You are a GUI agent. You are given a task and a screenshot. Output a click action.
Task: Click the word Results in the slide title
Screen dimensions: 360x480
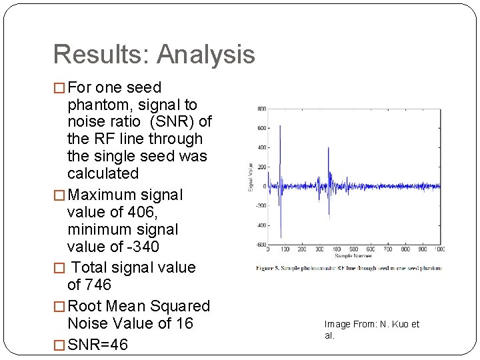coord(95,55)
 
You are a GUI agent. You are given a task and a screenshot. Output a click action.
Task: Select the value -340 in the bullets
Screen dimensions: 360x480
coord(137,247)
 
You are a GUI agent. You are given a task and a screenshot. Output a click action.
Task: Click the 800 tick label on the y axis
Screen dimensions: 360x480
coord(262,109)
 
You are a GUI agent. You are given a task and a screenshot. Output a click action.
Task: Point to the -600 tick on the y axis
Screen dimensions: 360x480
coord(261,244)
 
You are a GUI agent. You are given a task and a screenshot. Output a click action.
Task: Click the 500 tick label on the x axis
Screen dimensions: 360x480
coord(353,249)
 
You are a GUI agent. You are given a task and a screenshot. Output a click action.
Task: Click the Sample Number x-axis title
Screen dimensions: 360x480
coord(353,255)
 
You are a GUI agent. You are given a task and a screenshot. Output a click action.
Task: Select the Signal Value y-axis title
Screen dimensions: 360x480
coord(251,177)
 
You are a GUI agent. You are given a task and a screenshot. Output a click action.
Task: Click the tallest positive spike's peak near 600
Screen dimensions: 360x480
coord(280,125)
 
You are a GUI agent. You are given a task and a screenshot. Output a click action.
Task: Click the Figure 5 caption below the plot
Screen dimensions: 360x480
coord(348,268)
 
